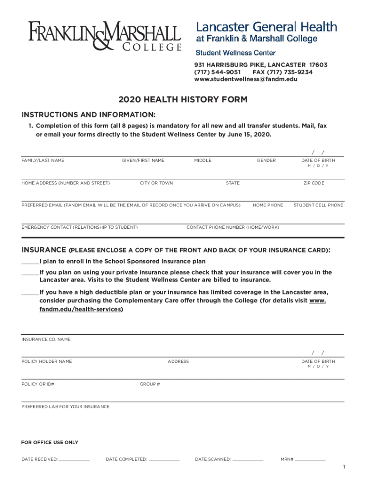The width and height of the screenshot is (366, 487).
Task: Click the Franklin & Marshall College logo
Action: tap(105, 35)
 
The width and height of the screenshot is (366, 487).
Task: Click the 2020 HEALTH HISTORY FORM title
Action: tap(183, 100)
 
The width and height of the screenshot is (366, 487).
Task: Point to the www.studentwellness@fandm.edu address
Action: tap(246, 79)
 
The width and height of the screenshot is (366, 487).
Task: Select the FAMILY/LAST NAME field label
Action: tap(43, 161)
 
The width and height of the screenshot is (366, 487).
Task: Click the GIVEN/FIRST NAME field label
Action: tap(143, 161)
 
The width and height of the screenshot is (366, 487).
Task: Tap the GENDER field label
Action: tap(266, 161)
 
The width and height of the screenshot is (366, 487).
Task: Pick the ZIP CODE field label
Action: tap(314, 183)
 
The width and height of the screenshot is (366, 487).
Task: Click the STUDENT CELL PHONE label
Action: tap(318, 205)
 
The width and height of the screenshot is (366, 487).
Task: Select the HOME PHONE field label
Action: tap(268, 205)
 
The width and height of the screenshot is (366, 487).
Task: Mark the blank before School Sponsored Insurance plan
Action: tap(30, 262)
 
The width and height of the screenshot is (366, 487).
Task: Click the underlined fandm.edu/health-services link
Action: tap(81, 309)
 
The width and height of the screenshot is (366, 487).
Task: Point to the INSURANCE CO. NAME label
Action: tap(46, 340)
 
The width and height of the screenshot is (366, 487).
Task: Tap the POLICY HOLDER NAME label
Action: tap(47, 362)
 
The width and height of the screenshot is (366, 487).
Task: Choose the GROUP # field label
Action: tap(150, 384)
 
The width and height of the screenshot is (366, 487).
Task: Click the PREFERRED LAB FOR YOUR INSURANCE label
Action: tap(66, 407)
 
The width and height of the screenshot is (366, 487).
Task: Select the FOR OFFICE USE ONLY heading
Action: tap(50, 443)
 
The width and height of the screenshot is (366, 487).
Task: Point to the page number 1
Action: tap(344, 468)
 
